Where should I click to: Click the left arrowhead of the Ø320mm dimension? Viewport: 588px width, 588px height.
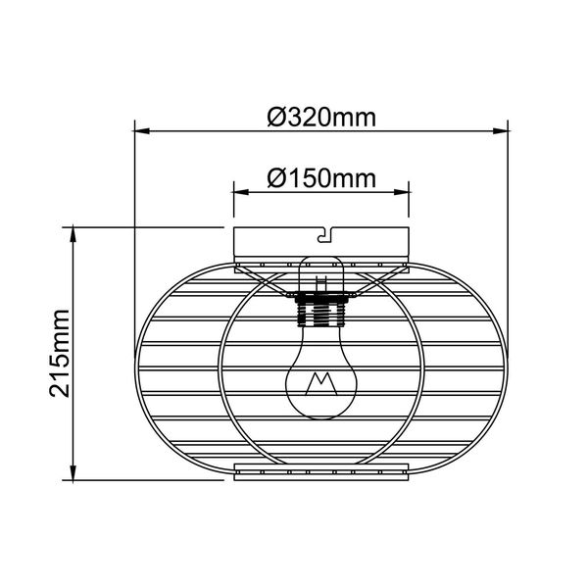138,129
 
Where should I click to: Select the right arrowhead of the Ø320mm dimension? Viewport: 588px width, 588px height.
505,129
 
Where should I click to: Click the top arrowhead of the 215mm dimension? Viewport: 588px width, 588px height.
73,231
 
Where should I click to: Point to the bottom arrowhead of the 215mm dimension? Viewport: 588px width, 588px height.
73,475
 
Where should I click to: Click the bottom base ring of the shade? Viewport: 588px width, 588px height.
321,474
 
